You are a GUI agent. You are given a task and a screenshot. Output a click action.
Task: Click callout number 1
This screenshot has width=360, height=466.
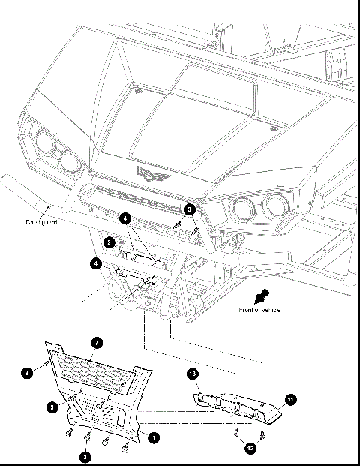[x=154, y=437]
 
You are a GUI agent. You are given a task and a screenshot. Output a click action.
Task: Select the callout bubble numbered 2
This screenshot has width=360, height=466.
[x=109, y=242]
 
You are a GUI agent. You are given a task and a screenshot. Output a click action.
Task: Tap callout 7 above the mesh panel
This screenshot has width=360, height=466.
[x=97, y=342]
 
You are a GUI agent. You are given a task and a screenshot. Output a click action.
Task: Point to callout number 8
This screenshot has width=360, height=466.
[x=27, y=371]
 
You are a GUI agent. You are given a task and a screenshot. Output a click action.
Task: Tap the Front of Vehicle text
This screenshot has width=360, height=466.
[x=259, y=310]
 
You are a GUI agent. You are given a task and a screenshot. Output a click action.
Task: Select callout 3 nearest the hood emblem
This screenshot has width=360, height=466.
[x=190, y=209]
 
